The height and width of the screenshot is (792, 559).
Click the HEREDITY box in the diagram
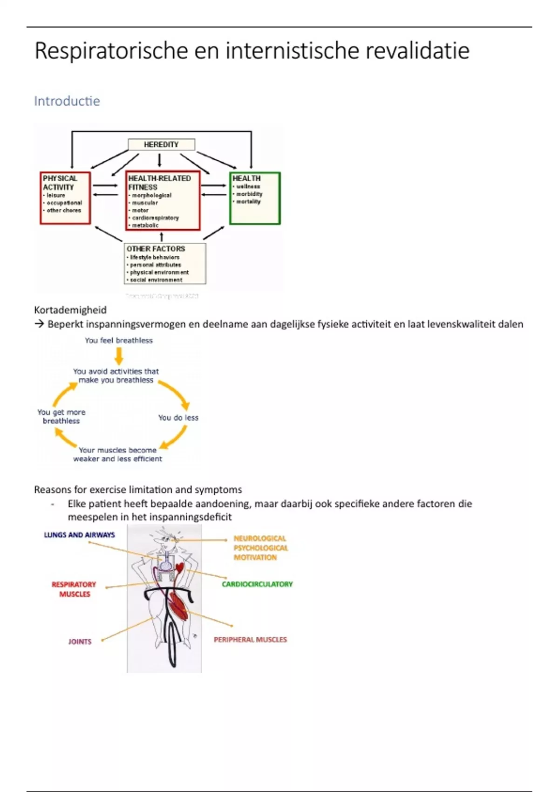[x=161, y=144]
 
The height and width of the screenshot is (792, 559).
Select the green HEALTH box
[x=255, y=198]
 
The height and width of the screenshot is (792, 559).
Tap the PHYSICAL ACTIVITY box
[x=65, y=198]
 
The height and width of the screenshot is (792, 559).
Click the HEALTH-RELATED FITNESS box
[x=163, y=200]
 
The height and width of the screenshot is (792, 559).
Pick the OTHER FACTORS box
[x=165, y=263]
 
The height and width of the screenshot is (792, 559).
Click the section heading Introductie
[x=67, y=101]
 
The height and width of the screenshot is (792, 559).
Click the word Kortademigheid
[x=70, y=310]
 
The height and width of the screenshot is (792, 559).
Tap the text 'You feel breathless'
[x=119, y=341]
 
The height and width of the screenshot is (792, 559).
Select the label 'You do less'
[x=178, y=417]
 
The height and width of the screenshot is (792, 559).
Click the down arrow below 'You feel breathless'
[x=119, y=356]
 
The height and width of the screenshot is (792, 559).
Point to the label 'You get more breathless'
[x=61, y=416]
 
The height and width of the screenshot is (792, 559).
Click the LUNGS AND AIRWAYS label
[x=79, y=535]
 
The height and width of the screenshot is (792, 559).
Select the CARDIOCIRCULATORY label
[x=257, y=584]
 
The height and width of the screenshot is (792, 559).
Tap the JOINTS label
[x=80, y=642]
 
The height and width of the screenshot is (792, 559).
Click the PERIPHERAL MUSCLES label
[x=250, y=640]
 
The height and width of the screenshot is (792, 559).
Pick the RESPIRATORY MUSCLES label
[x=74, y=589]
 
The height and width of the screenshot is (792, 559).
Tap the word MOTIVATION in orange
[x=255, y=557]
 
